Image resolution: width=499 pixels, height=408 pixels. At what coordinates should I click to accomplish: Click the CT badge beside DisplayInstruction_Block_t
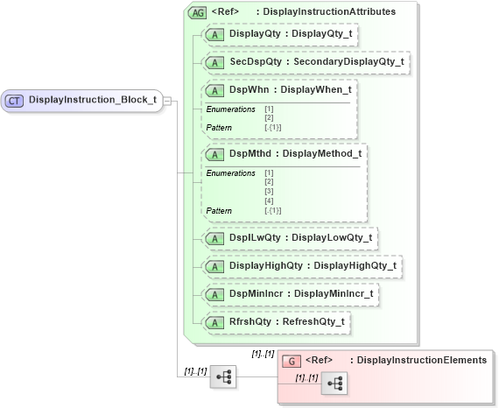(x=15, y=100)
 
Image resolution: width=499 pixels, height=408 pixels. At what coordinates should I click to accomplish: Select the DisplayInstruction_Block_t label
(x=92, y=100)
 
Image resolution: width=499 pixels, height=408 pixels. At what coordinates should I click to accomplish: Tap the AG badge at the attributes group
(x=198, y=12)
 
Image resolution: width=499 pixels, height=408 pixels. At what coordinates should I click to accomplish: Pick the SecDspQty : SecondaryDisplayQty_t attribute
(x=304, y=62)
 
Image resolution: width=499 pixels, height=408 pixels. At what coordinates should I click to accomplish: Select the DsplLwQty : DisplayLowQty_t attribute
(x=288, y=237)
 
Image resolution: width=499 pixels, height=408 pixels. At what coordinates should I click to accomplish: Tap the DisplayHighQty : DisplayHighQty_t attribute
(x=300, y=265)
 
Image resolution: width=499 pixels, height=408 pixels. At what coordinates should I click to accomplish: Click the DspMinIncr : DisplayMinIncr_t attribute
(x=290, y=293)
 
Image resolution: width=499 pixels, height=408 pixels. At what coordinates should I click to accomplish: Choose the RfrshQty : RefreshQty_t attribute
(x=274, y=321)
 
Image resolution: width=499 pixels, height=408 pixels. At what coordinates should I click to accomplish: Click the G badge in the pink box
(x=292, y=361)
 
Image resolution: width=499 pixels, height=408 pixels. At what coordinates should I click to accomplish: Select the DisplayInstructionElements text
(x=421, y=360)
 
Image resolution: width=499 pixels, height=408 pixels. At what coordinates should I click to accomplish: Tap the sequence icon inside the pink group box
(x=334, y=383)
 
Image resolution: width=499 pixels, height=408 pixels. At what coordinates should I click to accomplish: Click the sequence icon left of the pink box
(x=223, y=376)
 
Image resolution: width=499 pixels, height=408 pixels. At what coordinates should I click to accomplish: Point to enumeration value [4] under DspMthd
(x=269, y=201)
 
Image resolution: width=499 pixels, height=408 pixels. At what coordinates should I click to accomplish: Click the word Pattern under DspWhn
(x=219, y=128)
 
